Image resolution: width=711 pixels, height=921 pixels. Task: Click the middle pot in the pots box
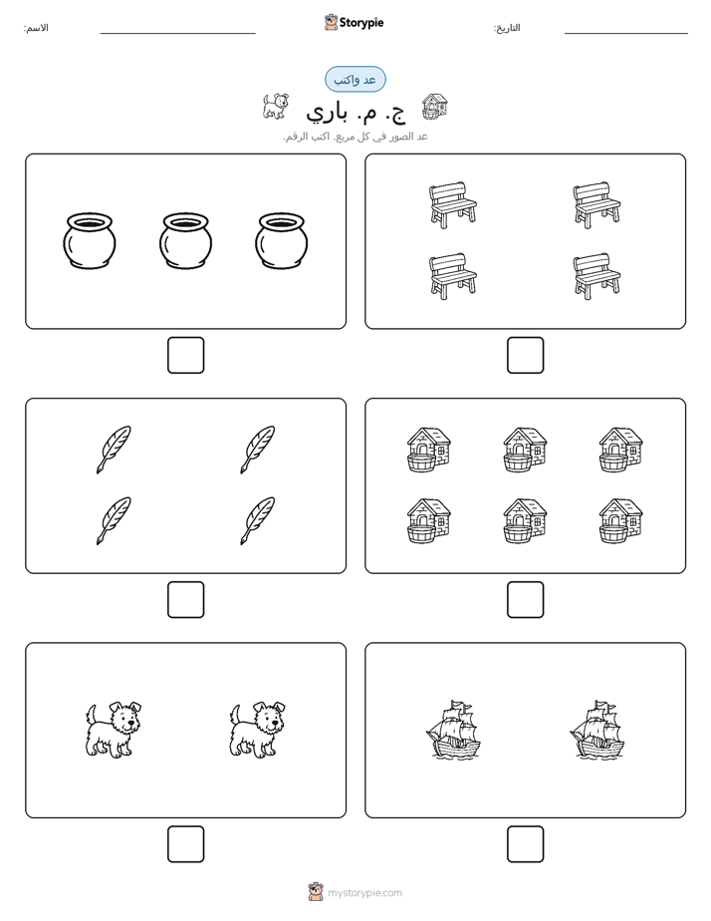click(185, 241)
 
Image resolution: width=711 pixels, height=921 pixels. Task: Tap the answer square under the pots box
click(185, 356)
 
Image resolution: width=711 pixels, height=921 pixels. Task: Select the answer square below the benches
click(525, 356)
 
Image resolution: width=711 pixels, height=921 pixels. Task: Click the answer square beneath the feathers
click(185, 600)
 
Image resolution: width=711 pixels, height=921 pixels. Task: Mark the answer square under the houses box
click(525, 600)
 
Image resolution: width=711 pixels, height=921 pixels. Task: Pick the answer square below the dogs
click(185, 844)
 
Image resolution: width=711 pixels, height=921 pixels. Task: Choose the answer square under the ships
click(525, 844)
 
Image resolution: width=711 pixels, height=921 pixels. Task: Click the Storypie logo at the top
click(354, 22)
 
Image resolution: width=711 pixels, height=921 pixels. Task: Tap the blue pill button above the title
click(355, 80)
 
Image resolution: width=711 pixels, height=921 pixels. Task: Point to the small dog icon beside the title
click(275, 107)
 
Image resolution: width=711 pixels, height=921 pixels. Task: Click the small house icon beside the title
click(435, 107)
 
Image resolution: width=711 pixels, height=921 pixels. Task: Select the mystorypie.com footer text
click(364, 893)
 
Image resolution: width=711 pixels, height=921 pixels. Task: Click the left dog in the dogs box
click(114, 730)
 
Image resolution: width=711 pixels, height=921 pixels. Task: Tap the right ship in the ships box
click(596, 730)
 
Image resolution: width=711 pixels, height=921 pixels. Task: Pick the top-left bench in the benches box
click(452, 205)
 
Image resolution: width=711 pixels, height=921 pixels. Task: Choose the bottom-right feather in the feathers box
click(258, 521)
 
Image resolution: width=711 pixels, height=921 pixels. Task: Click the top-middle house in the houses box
click(525, 450)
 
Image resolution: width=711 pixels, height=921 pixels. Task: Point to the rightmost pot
click(282, 241)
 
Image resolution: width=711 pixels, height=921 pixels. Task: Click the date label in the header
click(507, 28)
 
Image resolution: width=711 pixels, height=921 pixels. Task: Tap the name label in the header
click(36, 28)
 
